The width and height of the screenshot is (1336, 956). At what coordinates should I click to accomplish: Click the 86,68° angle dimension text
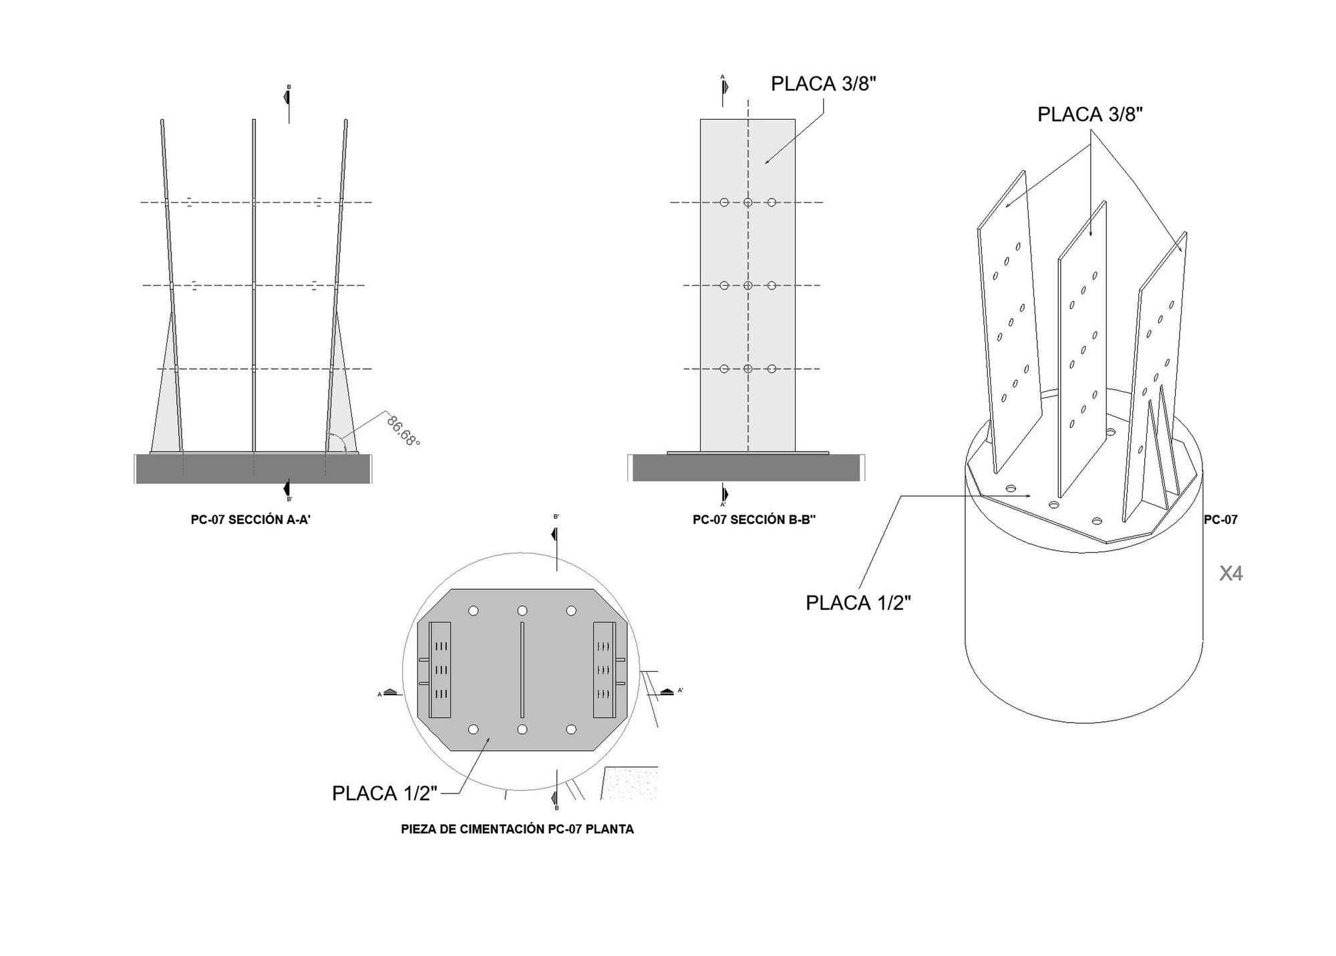(403, 431)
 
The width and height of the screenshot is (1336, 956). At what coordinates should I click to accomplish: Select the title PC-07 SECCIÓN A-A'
(251, 519)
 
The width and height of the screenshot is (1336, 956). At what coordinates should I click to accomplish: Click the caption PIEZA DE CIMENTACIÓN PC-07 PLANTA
(517, 829)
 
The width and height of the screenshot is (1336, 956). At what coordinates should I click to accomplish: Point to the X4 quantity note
(1230, 574)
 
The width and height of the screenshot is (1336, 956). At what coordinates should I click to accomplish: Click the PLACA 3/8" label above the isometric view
(1090, 114)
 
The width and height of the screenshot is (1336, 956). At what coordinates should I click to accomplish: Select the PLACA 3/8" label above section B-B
(824, 84)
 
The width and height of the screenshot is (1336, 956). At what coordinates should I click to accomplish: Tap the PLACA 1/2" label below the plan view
(385, 794)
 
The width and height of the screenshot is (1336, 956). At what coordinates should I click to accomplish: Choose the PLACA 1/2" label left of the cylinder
(858, 602)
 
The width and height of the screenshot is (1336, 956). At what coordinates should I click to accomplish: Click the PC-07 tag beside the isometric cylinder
(1220, 519)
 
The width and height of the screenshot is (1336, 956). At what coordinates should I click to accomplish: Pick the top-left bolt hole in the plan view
(474, 611)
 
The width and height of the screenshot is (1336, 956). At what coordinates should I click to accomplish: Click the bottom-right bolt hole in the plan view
(571, 729)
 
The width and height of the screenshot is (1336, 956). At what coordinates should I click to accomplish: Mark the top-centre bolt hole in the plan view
(522, 611)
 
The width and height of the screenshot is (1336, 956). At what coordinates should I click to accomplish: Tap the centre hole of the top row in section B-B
(748, 202)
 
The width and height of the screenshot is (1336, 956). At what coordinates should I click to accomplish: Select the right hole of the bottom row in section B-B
(772, 368)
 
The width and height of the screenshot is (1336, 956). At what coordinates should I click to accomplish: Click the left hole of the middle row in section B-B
(724, 285)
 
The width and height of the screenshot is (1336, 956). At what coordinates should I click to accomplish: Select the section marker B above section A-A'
(287, 98)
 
